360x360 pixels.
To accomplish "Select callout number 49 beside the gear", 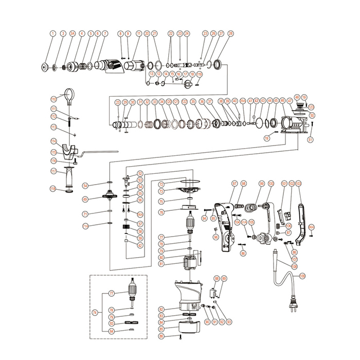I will [x=86, y=199].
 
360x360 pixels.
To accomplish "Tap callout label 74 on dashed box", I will [x=94, y=312].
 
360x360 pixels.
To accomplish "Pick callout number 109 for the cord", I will [x=302, y=276].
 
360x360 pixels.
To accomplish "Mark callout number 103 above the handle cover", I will [x=298, y=183].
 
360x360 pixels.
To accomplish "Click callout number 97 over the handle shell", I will [x=235, y=183].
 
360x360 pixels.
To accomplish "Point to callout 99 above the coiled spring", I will [x=261, y=183].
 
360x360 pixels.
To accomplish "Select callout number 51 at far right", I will [x=310, y=139].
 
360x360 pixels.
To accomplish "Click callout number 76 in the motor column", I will [x=161, y=212].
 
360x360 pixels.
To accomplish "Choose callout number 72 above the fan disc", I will [x=161, y=184].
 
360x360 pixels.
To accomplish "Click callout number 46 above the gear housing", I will [x=282, y=101].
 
